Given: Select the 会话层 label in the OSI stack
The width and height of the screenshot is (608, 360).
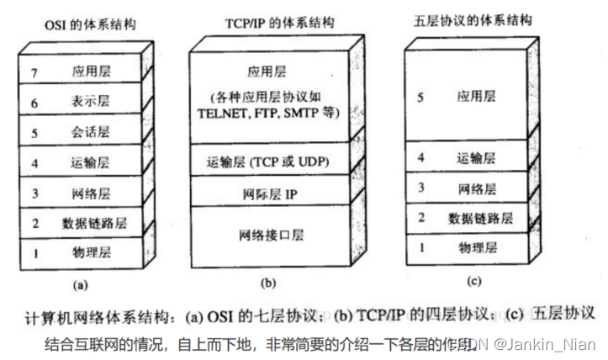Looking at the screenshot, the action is (x=92, y=133).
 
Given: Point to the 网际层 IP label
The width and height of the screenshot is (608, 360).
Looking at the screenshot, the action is (x=269, y=194).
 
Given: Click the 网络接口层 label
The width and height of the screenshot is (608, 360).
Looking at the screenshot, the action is (x=269, y=234).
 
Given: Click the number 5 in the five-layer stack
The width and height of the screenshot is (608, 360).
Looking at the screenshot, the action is (x=420, y=98).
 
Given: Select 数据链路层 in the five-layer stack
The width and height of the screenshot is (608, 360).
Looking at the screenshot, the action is (x=480, y=219).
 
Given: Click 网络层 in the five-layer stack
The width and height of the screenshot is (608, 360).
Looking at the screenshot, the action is (x=477, y=188).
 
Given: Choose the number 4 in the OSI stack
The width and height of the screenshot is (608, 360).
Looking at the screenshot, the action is (x=35, y=162).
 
